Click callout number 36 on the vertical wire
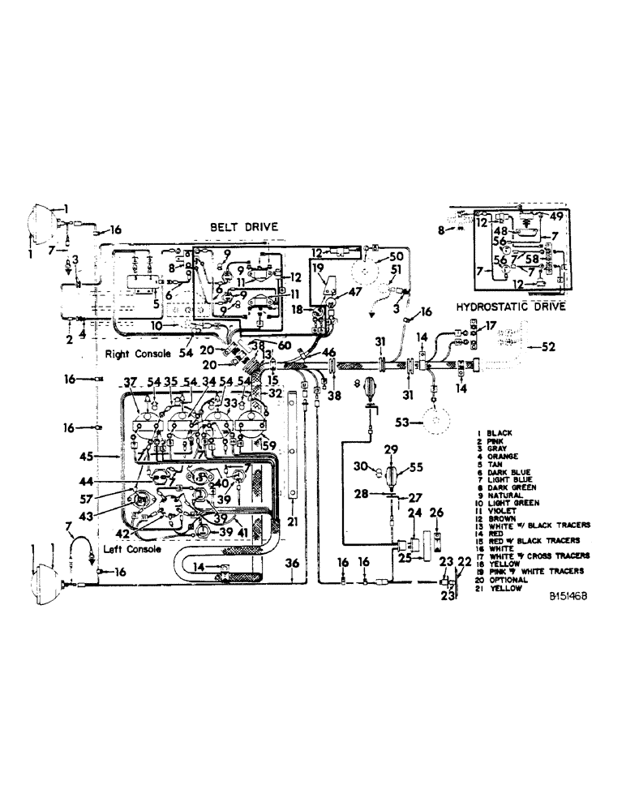pos(294,564)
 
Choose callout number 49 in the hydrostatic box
pos(558,216)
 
